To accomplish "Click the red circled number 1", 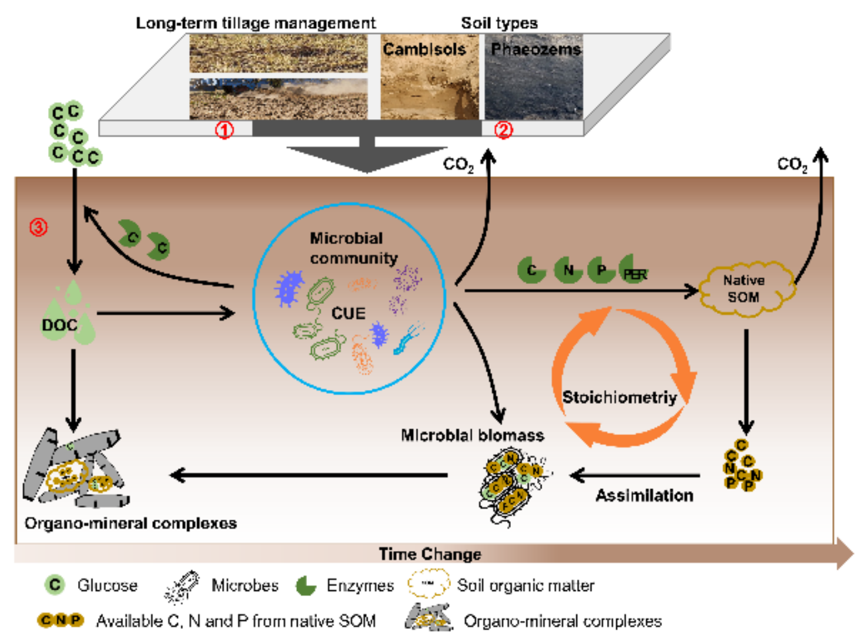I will click(x=225, y=130).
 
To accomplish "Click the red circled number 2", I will click(x=503, y=130).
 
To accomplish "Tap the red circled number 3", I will click(x=39, y=227).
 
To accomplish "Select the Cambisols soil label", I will click(x=424, y=49).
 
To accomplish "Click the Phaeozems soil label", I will click(x=536, y=49).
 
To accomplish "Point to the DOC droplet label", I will click(x=59, y=325).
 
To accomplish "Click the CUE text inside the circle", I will click(x=348, y=313).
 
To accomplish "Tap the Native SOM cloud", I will click(x=744, y=289).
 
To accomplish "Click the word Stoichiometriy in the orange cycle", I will click(x=619, y=398).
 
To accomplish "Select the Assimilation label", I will click(x=644, y=495).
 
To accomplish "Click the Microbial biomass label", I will click(x=472, y=435).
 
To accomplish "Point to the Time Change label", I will click(x=430, y=554).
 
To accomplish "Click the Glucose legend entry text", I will click(x=107, y=585).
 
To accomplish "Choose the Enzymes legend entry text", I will click(x=360, y=585).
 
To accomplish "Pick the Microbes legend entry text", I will click(x=245, y=585).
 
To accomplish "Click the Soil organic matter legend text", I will click(x=525, y=585).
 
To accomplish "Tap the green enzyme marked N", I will click(x=568, y=270).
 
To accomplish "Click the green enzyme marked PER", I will click(x=634, y=271).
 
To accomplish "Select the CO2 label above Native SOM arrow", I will click(x=792, y=165).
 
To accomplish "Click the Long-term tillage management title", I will click(x=256, y=23).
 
